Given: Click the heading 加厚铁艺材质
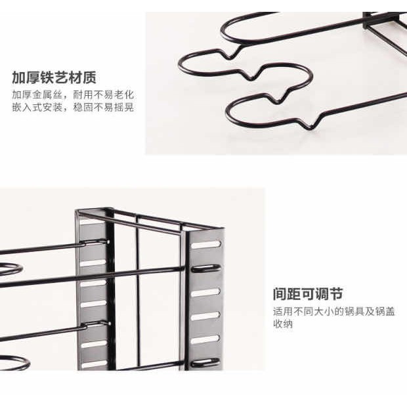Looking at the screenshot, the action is (54, 77).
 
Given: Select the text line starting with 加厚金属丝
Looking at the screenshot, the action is (73, 95).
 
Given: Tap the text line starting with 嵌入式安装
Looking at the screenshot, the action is (73, 107).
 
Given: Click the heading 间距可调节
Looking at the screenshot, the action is (308, 293).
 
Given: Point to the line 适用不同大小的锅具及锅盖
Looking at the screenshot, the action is (333, 311).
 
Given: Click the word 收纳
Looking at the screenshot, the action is (283, 324).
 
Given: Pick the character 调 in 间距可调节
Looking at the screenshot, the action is (322, 293).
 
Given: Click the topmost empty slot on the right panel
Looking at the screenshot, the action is (206, 244).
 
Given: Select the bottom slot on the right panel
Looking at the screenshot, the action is (206, 362).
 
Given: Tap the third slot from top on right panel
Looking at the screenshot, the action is (206, 291).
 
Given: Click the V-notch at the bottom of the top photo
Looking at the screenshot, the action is (309, 128).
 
